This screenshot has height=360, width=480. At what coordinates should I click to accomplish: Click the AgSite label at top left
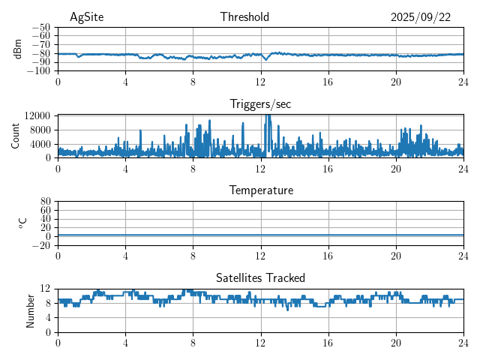[86, 17]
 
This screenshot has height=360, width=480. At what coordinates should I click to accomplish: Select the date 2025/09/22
[421, 17]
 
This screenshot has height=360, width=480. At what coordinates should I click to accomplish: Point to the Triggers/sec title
[260, 104]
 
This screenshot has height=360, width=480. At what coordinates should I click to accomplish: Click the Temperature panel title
[260, 190]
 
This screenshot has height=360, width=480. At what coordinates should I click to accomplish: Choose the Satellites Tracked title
[260, 277]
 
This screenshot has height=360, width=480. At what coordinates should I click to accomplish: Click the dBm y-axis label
[18, 49]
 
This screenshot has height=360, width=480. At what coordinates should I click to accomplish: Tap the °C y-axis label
[22, 223]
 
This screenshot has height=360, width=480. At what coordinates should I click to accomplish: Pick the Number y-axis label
[30, 310]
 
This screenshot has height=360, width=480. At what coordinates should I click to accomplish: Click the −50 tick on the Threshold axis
[41, 28]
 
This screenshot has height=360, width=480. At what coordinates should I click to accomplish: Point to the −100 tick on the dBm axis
[39, 71]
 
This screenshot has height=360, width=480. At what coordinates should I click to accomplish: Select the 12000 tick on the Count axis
[37, 115]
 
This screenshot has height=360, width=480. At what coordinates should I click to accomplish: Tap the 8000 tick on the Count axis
[39, 129]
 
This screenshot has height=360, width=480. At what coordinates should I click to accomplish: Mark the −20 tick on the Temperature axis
[41, 245]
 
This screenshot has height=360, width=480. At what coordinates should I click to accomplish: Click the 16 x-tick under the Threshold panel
[328, 81]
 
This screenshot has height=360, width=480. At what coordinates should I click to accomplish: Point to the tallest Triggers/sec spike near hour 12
[268, 117]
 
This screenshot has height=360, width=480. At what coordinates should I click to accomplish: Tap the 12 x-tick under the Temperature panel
[261, 255]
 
